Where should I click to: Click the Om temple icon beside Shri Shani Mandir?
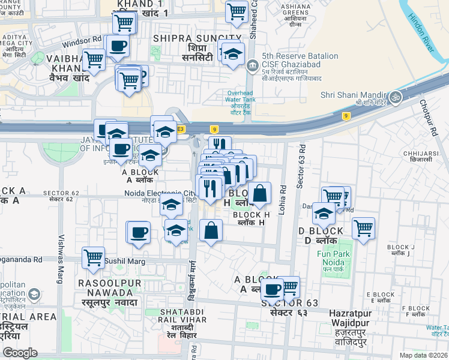pyautogui.click(x=395, y=96)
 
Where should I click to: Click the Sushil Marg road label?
pyautogui.click(x=122, y=262)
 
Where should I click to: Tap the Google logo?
pyautogui.click(x=20, y=353)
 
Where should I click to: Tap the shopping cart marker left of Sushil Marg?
pyautogui.click(x=93, y=258)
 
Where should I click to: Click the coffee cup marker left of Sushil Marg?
pyautogui.click(x=139, y=233)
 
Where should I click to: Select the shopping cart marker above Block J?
pyautogui.click(x=363, y=228)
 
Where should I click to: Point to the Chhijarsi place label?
pyautogui.click(x=418, y=156)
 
